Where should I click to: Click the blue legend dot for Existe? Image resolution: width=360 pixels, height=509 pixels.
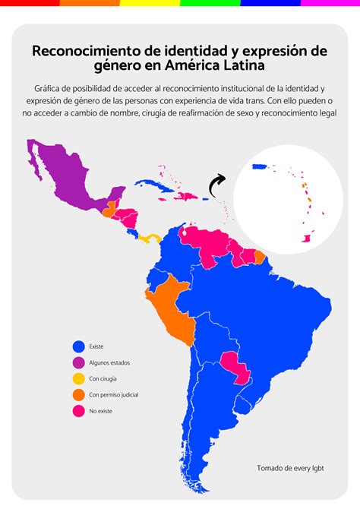[x=78, y=346]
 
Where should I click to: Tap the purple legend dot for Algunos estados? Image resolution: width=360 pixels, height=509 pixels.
[x=78, y=362]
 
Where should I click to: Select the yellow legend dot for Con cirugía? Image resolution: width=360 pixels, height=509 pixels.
[x=78, y=378]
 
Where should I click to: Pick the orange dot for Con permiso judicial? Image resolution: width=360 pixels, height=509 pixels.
[x=78, y=394]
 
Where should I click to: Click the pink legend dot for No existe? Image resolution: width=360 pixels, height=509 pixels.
[x=78, y=411]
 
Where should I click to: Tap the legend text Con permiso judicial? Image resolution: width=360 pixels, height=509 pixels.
[x=113, y=395]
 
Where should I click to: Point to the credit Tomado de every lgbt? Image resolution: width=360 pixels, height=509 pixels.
[x=290, y=468]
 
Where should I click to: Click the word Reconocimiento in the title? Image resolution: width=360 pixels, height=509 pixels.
[x=86, y=52]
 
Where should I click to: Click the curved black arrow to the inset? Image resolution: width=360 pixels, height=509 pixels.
[x=218, y=183]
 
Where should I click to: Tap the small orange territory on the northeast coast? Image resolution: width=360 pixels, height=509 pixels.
[x=260, y=257]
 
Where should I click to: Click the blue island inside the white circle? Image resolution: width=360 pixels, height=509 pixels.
[x=261, y=166]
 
